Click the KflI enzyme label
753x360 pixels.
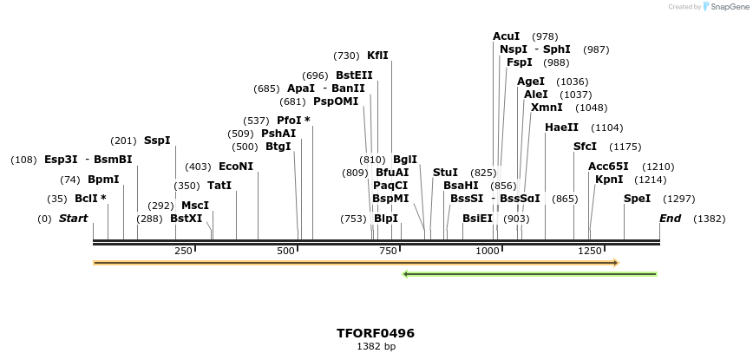[377, 56]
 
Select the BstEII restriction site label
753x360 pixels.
[354, 75]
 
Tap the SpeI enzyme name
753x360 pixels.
[637, 199]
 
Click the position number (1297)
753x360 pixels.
[678, 199]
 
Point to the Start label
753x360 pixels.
[73, 219]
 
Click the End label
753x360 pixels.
[670, 219]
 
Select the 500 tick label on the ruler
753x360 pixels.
[286, 251]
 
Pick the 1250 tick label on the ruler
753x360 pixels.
[590, 251]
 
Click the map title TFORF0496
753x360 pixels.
[376, 333]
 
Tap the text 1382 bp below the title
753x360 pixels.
[376, 346]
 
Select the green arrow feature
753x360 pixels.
[529, 274]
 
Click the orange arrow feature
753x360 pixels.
[356, 262]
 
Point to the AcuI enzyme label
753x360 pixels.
[506, 36]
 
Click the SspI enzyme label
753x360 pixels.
[157, 141]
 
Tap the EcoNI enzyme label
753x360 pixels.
[236, 167]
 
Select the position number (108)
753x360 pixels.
[23, 160]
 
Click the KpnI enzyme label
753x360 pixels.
[608, 180]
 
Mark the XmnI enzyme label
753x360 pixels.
[547, 108]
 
